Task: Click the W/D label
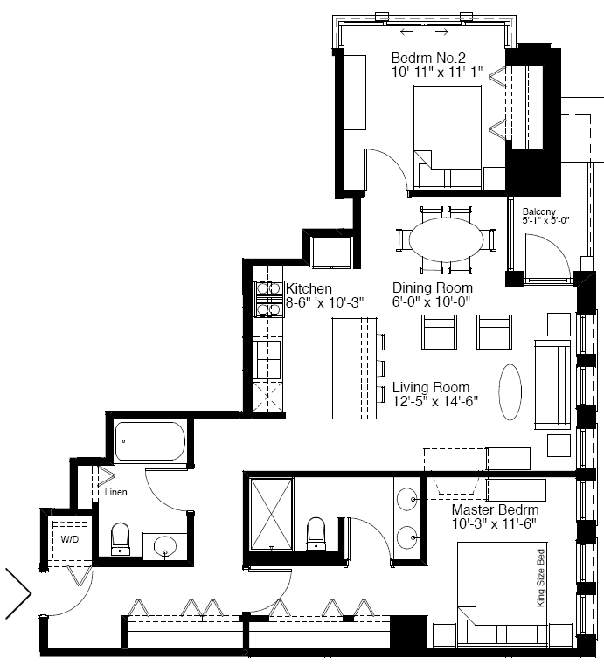pos(70,539)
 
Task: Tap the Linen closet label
pos(115,492)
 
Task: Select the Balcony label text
pos(538,211)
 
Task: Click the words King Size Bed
pos(541,578)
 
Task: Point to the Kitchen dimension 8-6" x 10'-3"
pos(325,302)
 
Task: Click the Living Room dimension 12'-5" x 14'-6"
pos(435,401)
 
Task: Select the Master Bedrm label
pos(495,509)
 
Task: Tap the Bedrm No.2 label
pos(428,58)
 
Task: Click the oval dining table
pos(446,239)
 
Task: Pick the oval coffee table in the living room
pos(510,391)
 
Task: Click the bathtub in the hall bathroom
pos(150,441)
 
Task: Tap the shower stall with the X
pos(272,514)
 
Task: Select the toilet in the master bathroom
pos(316,533)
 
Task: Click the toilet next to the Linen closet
pos(121,538)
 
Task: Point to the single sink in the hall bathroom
pos(165,545)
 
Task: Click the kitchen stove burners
pos(269,299)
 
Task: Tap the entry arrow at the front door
pos(18,593)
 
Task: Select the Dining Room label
pos(433,287)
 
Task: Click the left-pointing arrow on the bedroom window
pos(406,31)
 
